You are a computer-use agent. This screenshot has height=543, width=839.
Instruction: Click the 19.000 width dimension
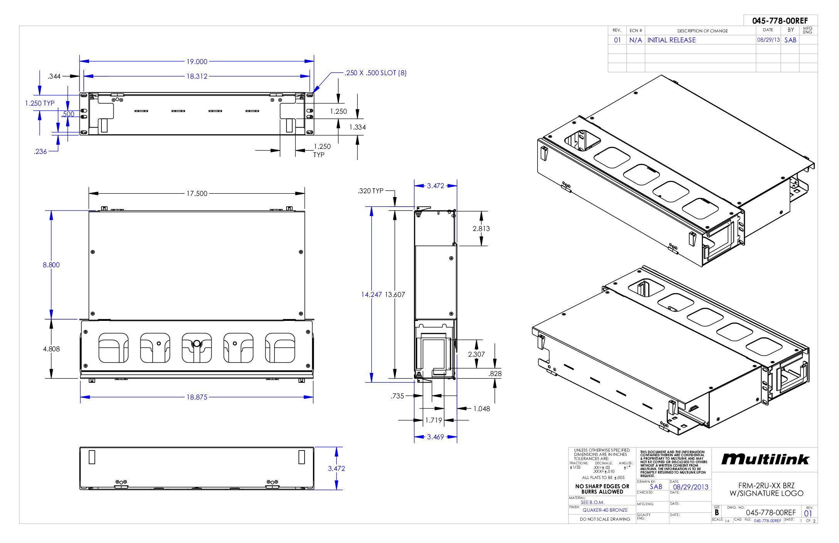tap(197, 62)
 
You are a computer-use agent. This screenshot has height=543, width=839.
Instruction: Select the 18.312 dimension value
tap(197, 76)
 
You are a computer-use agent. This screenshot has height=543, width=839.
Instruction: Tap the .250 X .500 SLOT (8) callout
tap(376, 73)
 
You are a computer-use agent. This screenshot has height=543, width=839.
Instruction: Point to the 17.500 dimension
tap(197, 193)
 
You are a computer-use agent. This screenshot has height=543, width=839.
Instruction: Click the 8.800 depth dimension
tap(51, 265)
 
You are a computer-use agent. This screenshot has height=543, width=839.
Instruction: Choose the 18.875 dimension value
tap(197, 397)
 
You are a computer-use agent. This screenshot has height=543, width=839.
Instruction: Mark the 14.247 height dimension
tap(371, 295)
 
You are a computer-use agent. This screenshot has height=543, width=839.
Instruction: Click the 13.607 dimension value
tap(395, 295)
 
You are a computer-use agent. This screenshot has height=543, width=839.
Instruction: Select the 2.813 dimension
tap(481, 229)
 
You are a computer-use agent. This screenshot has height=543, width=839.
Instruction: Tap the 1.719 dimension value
tap(433, 420)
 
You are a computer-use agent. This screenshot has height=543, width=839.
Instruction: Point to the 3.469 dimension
tap(435, 437)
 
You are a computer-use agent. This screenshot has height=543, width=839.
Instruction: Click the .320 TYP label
tap(371, 191)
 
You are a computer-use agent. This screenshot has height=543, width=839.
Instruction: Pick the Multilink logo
tap(765, 459)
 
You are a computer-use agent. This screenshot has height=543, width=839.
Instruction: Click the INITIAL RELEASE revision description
tap(671, 40)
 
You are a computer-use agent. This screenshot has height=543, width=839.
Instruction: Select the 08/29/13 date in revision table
tap(768, 40)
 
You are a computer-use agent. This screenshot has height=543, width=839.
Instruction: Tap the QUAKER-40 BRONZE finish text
tap(605, 510)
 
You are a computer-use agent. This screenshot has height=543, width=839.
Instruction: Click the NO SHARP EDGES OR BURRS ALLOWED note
tap(602, 489)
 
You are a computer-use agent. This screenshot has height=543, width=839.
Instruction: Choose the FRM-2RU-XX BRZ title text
tap(766, 486)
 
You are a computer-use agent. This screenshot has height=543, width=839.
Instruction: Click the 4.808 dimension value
tap(51, 349)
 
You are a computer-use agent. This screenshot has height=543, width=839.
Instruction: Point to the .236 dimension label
tap(40, 152)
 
